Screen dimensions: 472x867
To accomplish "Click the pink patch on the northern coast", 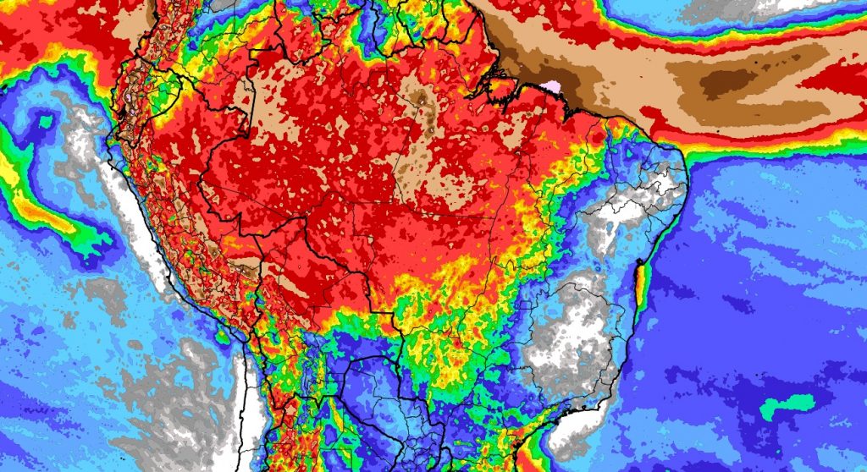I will [553, 86].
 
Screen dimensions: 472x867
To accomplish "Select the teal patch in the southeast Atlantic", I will [787, 405].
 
